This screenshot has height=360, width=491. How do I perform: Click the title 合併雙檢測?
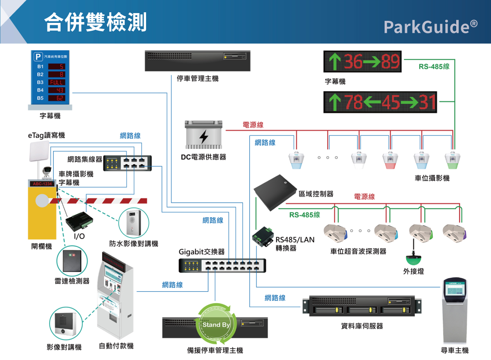95,22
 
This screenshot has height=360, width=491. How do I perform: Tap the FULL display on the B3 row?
56,82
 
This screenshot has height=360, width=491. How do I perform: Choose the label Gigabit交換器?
201,252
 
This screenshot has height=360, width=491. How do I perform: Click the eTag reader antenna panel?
39,152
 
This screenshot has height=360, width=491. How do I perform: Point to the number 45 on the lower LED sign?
390,102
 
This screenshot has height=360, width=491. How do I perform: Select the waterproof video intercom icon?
133,222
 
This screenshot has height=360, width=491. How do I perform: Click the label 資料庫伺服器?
362,326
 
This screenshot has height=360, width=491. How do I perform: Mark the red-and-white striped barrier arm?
98,200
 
